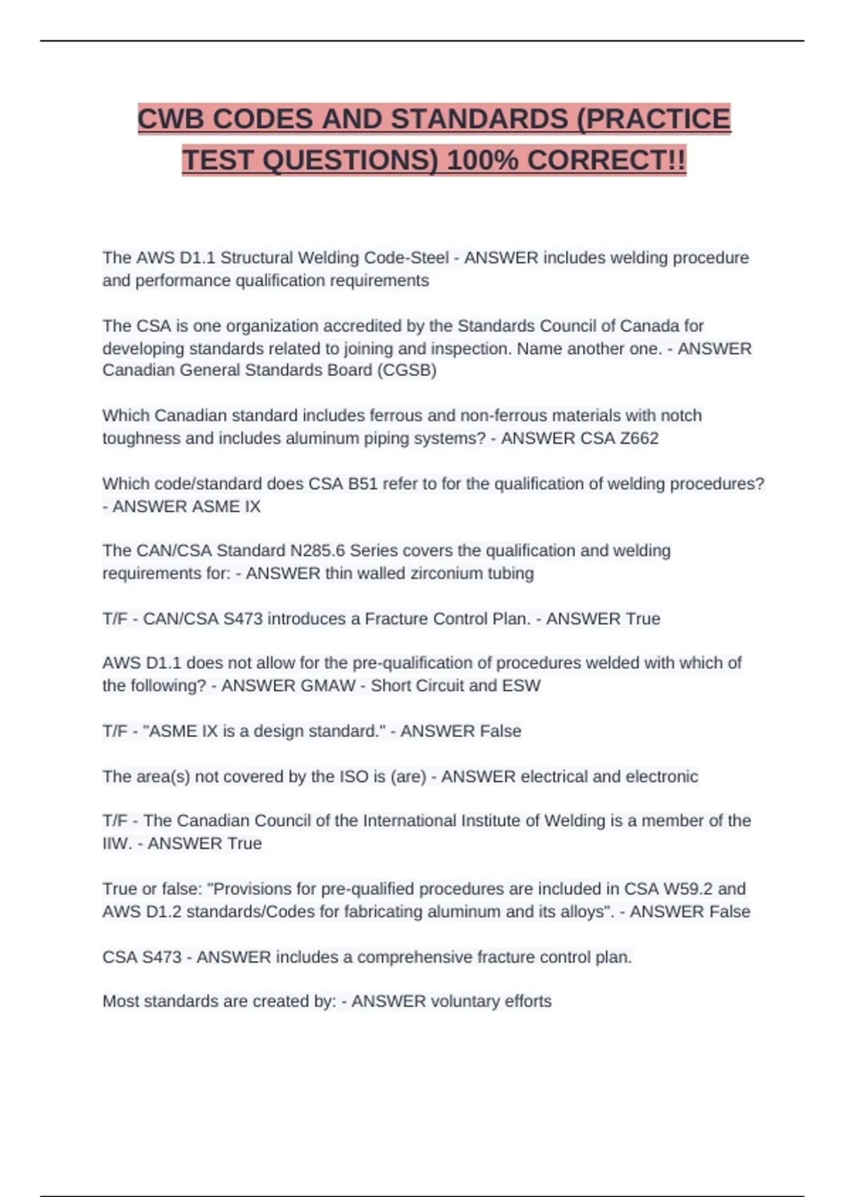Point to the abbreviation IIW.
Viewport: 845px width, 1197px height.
click(x=116, y=844)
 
